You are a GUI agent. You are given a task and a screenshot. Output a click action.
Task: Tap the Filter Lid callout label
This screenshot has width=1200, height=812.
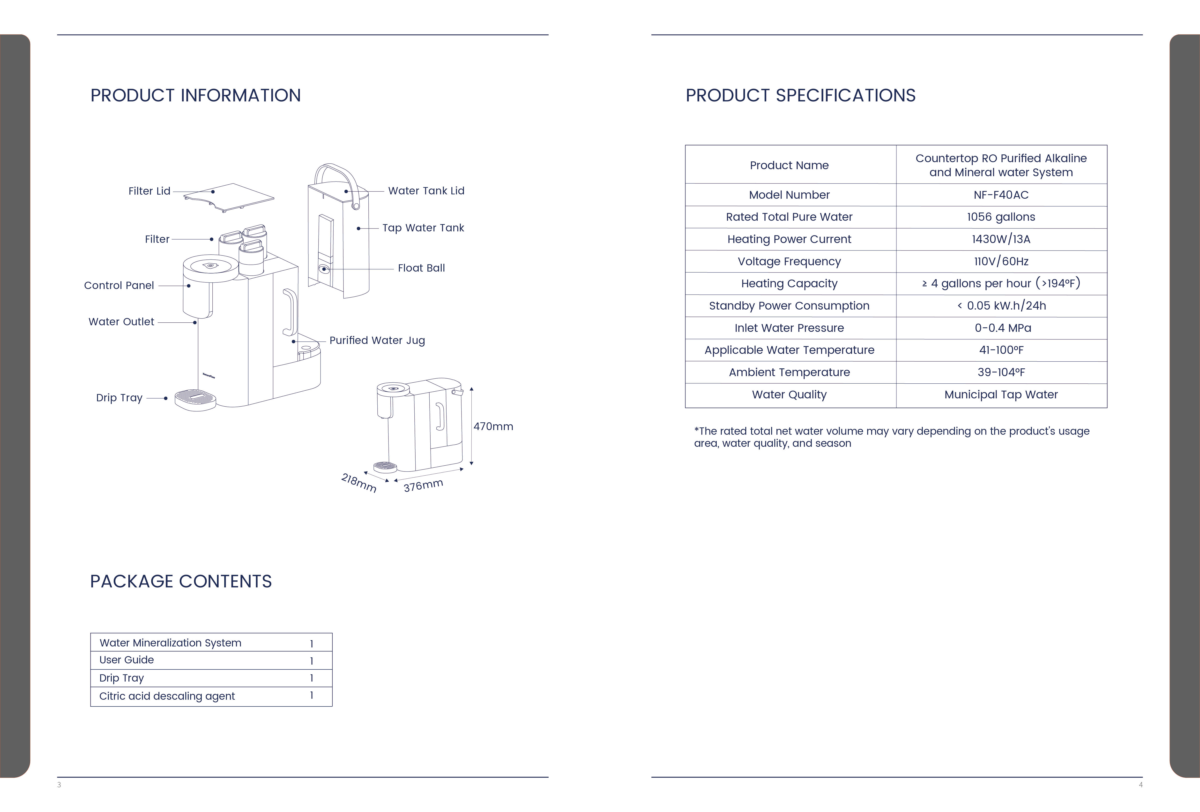click(149, 191)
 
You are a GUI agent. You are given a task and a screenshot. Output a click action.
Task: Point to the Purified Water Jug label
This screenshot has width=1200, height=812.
click(377, 340)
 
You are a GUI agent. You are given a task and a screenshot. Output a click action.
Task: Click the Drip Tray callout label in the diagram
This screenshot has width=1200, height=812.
click(119, 398)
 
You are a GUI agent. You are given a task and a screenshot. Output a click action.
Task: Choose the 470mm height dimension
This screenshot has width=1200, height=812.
click(493, 427)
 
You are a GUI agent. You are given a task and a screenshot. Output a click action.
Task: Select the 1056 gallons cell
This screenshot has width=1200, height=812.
click(1001, 217)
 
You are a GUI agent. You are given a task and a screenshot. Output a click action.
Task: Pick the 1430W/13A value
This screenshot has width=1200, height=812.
click(1001, 239)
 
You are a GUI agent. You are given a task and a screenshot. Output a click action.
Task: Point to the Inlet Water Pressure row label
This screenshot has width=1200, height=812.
click(789, 328)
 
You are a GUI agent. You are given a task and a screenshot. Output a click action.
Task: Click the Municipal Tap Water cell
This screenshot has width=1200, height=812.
click(1001, 395)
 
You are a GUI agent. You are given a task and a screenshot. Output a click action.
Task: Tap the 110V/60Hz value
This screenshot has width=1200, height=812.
click(1001, 261)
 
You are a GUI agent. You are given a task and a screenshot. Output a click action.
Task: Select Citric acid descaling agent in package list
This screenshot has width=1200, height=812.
click(167, 696)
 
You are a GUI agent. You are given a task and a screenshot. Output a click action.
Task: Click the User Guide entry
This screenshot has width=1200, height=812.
click(127, 660)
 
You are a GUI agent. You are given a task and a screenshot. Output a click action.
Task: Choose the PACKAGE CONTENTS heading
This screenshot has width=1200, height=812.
click(181, 582)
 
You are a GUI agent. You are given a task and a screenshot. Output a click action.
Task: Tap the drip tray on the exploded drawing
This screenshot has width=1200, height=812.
click(195, 400)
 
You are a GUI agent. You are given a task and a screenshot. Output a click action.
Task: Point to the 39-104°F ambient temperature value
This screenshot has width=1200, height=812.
click(1001, 372)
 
